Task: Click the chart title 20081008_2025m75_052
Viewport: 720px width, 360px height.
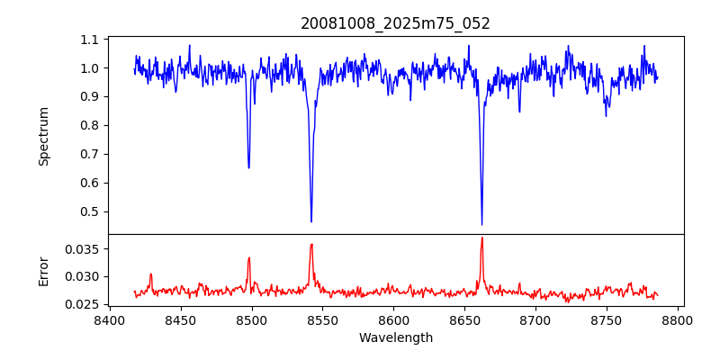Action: pyautogui.click(x=395, y=23)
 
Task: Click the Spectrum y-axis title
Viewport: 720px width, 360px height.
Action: pyautogui.click(x=44, y=136)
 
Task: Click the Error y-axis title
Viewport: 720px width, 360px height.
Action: pyautogui.click(x=44, y=271)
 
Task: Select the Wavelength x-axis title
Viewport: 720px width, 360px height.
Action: pyautogui.click(x=395, y=338)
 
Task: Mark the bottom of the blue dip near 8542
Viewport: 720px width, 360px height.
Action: pyautogui.click(x=311, y=221)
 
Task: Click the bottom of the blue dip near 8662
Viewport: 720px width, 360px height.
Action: pyautogui.click(x=481, y=224)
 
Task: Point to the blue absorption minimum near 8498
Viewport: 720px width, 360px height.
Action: pyautogui.click(x=249, y=167)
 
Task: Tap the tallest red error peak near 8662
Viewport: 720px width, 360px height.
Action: pyautogui.click(x=481, y=238)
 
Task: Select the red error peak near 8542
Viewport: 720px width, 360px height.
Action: pyautogui.click(x=311, y=244)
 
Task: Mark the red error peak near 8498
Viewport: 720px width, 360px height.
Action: pyautogui.click(x=249, y=257)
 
